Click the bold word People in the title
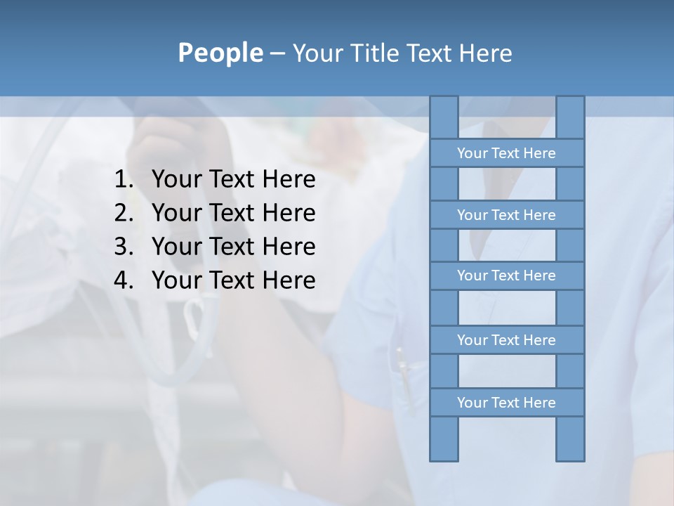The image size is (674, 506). [219, 53]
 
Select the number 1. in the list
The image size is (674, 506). [124, 180]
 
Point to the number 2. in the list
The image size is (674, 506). [124, 213]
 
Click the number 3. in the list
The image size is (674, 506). [124, 247]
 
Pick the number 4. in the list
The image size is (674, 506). [124, 280]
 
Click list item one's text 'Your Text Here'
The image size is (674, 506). [233, 180]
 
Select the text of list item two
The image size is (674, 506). [233, 213]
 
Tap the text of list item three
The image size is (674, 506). [233, 247]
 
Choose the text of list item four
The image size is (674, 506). [233, 280]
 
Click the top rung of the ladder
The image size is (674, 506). [506, 153]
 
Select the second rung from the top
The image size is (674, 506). [506, 215]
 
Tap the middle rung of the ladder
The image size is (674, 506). [506, 275]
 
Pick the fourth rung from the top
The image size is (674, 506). [506, 340]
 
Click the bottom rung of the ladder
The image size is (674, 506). [506, 403]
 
